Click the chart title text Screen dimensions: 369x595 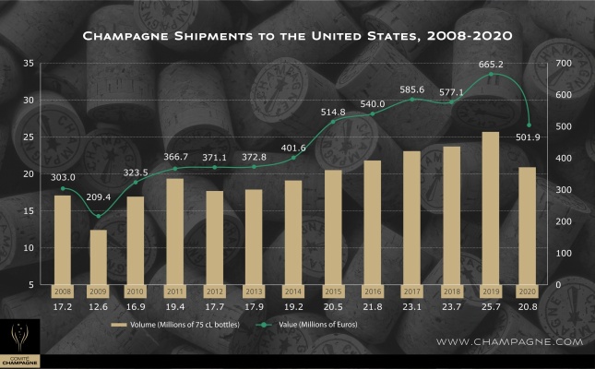tap(297, 37)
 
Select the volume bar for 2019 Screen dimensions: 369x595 tap(491, 208)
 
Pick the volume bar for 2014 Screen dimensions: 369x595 tap(293, 232)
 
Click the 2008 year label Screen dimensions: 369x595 tap(62, 290)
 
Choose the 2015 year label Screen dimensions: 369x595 tap(333, 290)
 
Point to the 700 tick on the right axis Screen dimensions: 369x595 tap(565, 63)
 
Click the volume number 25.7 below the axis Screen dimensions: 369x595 tap(491, 304)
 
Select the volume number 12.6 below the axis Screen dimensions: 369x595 tap(98, 304)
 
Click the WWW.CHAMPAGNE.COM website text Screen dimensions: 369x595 tap(509, 341)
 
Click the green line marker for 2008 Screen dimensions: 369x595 tap(62, 188)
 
